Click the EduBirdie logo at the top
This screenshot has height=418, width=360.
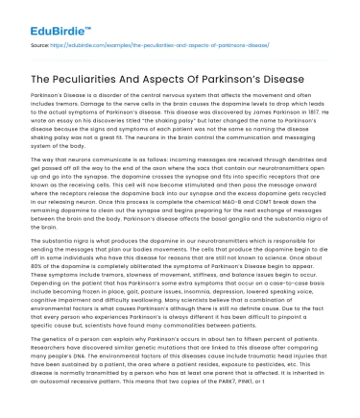[x=41, y=16]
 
